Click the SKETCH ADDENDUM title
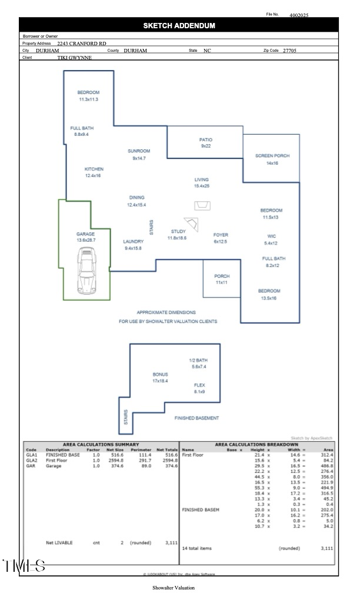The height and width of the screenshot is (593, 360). click(179, 25)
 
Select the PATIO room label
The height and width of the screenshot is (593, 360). click(205, 139)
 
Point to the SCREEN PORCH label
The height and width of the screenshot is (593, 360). click(272, 156)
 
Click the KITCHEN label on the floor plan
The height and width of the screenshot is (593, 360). click(94, 169)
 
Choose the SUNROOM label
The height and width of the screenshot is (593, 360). click(139, 151)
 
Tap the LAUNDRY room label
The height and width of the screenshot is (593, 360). click(133, 242)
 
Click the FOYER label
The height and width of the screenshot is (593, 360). click(221, 235)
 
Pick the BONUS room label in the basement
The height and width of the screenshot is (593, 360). click(160, 374)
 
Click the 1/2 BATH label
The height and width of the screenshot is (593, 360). click(198, 360)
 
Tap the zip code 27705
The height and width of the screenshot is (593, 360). click(289, 51)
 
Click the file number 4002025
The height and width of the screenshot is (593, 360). click(299, 15)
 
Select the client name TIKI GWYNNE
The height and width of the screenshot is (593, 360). click(74, 58)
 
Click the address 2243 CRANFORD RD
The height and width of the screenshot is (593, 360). click(82, 44)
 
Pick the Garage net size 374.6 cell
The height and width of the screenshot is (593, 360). click(117, 465)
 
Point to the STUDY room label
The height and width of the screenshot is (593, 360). click(178, 232)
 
